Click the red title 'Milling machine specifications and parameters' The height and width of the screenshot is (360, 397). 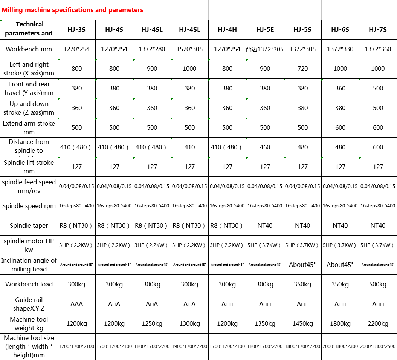pos(72,10)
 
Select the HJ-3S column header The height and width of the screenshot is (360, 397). pos(76,29)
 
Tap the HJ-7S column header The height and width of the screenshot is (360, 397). pos(378,29)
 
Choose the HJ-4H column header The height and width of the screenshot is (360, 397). pos(227,29)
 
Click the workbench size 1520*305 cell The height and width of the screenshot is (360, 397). pos(189,49)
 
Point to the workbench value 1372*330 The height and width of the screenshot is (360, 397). pos(340,49)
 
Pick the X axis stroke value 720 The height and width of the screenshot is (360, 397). pos(302,69)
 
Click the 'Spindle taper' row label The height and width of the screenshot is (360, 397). pos(29,225)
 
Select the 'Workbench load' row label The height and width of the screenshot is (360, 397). pos(29,284)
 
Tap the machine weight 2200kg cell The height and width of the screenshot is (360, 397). pos(378,323)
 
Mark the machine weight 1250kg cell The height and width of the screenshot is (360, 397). pos(152,323)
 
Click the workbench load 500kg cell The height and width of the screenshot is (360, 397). pos(378,284)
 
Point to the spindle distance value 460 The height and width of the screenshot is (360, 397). pos(265,147)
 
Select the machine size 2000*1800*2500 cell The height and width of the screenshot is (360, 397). pos(378,346)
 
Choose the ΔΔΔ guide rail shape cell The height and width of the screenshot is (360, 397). pos(76,304)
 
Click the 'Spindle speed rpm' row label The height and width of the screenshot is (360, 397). pos(29,206)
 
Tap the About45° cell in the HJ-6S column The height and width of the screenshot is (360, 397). pos(340,265)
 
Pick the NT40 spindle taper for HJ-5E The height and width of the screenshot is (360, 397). pos(265,225)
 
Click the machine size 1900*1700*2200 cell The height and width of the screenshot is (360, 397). pos(189,346)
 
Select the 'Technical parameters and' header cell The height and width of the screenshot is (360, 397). pos(29,29)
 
